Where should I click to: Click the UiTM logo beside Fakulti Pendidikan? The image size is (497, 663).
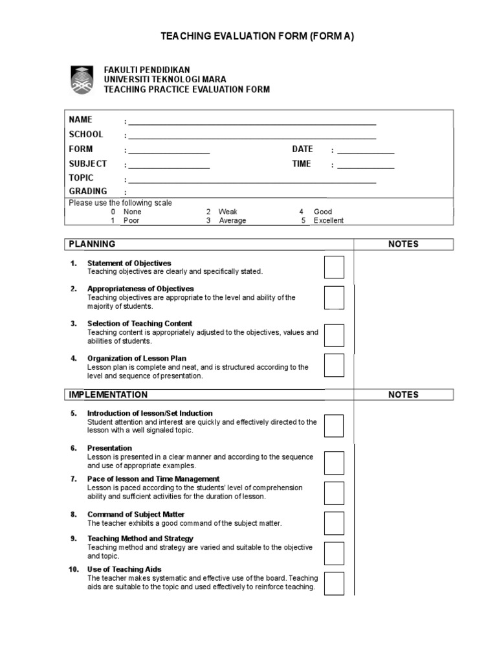(82, 79)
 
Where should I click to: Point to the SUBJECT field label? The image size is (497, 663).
(88, 164)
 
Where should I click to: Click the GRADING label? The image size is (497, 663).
(88, 192)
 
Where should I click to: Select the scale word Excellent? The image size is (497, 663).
(329, 220)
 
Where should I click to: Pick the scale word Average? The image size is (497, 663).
(232, 220)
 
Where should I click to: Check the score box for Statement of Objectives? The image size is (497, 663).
(334, 267)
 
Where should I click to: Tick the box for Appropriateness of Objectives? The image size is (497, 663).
(334, 297)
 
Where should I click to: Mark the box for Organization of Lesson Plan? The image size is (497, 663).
(334, 365)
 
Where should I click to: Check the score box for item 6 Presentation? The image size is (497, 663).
(334, 462)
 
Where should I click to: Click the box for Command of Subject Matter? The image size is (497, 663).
(334, 523)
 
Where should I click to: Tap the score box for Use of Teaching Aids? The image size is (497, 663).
(334, 583)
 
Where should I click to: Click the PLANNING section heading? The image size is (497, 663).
(93, 244)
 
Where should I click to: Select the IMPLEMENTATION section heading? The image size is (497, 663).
(108, 395)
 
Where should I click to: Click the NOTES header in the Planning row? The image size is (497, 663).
(403, 244)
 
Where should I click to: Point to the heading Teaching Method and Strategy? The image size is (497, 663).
(140, 539)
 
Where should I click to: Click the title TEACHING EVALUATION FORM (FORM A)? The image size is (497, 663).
(258, 37)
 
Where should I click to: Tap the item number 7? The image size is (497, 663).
(73, 479)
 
